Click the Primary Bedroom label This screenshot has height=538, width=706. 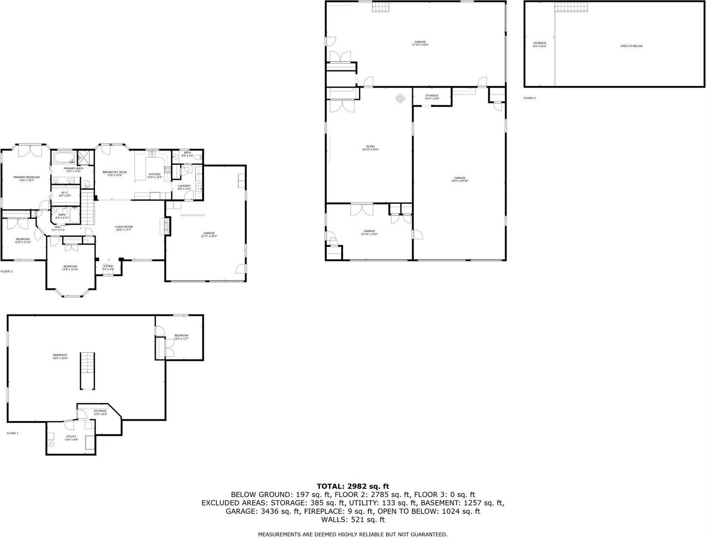pos(26,178)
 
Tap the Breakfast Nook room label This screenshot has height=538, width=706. pos(114,173)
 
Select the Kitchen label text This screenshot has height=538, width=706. pos(154,175)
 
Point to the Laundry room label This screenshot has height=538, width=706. pos(184,187)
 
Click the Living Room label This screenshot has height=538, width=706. pos(124,228)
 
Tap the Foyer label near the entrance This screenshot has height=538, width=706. pos(108,267)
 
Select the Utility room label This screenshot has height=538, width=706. pos(71,437)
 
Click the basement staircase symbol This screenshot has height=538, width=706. pos(88,371)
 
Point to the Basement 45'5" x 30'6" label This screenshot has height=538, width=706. pos(60,356)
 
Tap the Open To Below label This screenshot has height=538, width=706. pos(631,46)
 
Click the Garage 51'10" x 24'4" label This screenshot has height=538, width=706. pos(420,43)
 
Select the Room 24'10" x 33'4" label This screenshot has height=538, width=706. pos(370,148)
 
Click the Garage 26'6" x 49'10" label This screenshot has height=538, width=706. pos(459,179)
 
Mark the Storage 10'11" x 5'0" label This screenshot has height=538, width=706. pos(431,97)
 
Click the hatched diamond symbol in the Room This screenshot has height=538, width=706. pos(399,97)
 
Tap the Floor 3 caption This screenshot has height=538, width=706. pos(529,98)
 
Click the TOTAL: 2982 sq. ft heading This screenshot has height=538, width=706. pos(352,486)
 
